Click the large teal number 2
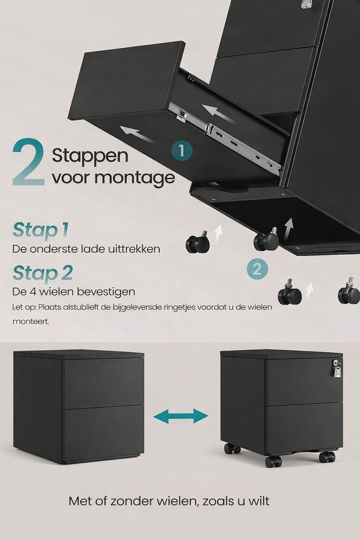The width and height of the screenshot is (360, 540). [x=28, y=163]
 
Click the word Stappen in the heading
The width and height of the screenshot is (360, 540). [x=90, y=156]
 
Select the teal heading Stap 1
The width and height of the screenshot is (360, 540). [x=40, y=229]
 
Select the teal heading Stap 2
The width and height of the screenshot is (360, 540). [x=42, y=273]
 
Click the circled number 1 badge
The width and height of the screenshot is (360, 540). [x=182, y=151]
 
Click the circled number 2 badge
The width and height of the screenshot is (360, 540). [x=257, y=270]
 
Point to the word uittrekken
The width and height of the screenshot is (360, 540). [x=135, y=249]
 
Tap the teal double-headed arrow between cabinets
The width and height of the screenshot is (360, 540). [x=181, y=416]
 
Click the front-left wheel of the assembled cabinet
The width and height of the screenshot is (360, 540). [x=273, y=461]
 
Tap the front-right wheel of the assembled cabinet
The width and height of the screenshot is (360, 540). [x=327, y=457]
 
